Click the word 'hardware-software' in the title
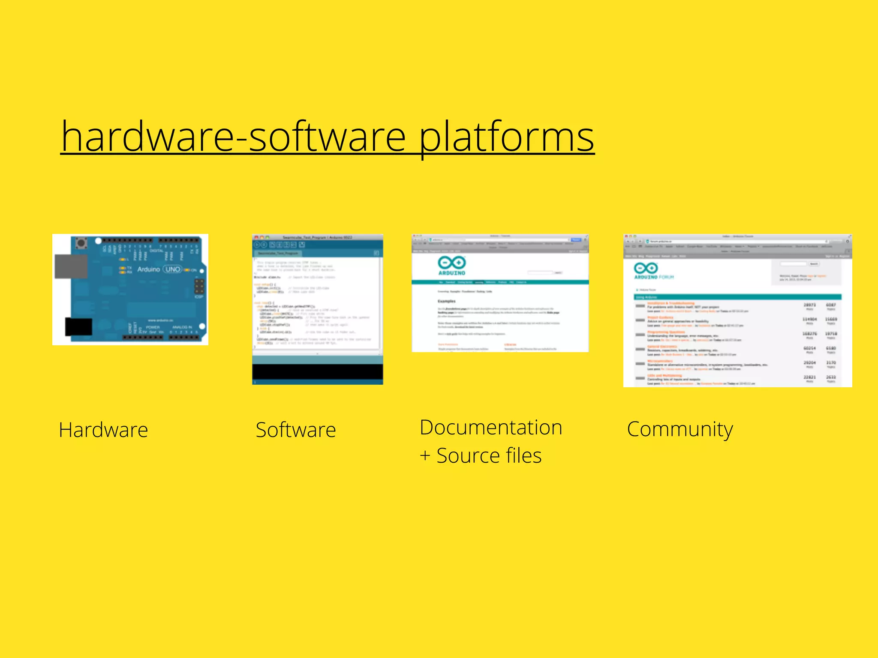(x=234, y=136)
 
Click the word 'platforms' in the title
(x=506, y=136)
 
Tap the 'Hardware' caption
(x=103, y=430)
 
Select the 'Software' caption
(x=295, y=430)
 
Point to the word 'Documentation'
(x=491, y=428)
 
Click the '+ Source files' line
(x=480, y=455)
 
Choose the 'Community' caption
(x=680, y=429)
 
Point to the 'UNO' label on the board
(x=173, y=269)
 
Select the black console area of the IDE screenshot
(x=317, y=371)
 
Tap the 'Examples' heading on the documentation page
(x=446, y=301)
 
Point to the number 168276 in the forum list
(x=809, y=333)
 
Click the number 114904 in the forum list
(x=809, y=319)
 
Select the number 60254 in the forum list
(x=809, y=348)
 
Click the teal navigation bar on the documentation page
(x=500, y=282)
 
